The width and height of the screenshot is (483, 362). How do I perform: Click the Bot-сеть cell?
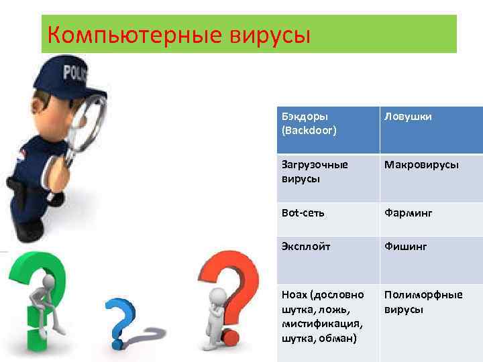[x=326, y=213]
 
